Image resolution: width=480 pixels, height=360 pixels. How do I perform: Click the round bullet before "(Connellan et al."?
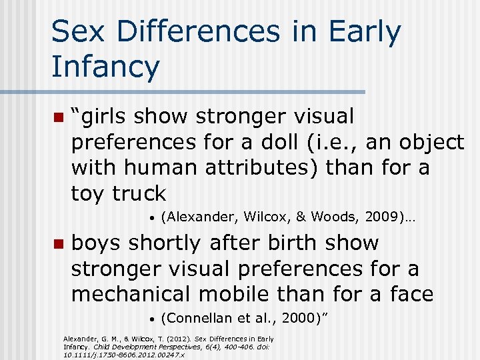(x=153, y=318)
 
